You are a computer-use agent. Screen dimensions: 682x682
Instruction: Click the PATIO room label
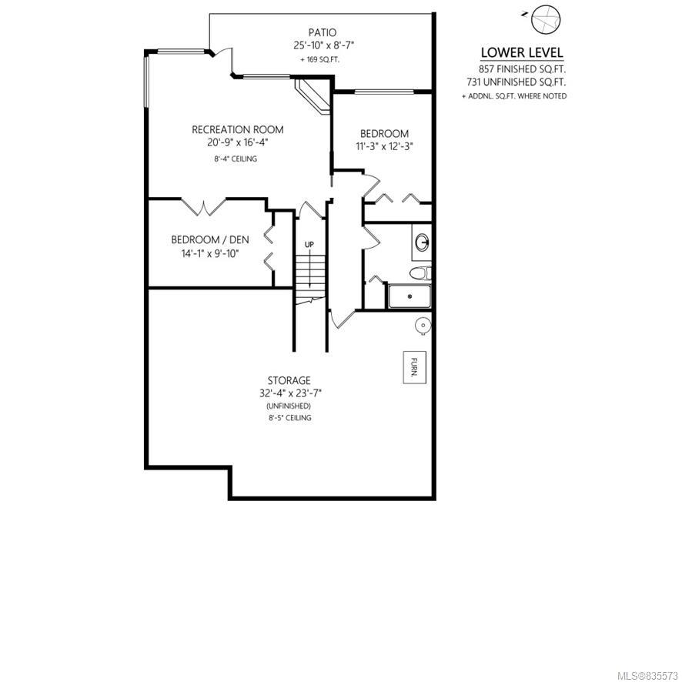pos(323,32)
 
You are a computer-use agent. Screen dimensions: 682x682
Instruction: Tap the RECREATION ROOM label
pos(238,129)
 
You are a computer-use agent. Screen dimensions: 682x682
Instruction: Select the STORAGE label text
pos(289,380)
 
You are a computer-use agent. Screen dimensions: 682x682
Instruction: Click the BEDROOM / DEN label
pos(210,239)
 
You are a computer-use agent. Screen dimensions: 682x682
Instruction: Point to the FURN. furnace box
pos(414,367)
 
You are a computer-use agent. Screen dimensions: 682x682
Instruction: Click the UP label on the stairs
pos(309,245)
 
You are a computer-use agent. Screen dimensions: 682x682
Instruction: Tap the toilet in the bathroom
pos(420,272)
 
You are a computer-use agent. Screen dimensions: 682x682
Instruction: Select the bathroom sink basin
pos(422,242)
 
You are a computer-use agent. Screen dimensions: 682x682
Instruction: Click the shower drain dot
pos(410,296)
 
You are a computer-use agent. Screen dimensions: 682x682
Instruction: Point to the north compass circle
pos(546,19)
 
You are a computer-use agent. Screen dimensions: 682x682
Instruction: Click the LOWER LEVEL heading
pos(522,52)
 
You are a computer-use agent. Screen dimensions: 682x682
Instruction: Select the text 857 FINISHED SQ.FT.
pos(522,69)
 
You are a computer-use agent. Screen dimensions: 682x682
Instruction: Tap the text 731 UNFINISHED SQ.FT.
pos(517,82)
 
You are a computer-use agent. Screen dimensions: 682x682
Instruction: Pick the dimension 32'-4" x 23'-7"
pos(290,393)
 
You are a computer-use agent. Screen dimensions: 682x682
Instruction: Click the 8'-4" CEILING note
pos(236,159)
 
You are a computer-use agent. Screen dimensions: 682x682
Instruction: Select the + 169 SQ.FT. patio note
pos(319,59)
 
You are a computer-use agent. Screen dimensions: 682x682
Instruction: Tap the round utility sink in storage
pos(423,325)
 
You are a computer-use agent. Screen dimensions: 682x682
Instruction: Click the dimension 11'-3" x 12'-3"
pos(384,146)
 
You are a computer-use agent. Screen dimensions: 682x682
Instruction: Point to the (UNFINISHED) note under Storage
pos(289,406)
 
